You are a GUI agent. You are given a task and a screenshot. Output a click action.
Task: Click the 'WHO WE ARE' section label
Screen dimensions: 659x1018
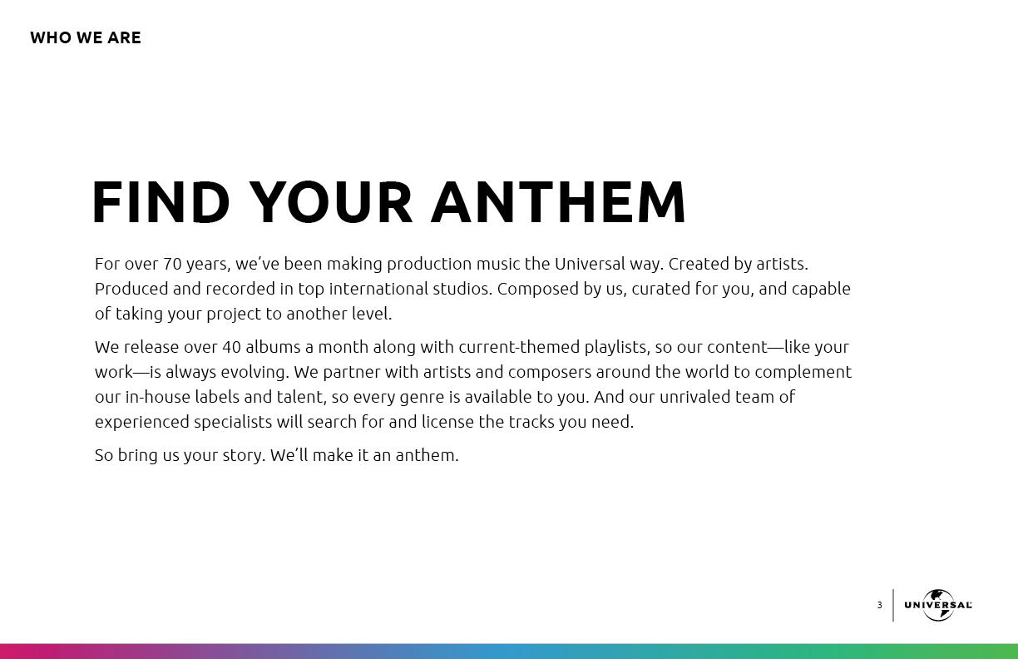coord(86,37)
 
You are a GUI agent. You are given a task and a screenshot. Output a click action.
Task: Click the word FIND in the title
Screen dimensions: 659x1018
coord(161,203)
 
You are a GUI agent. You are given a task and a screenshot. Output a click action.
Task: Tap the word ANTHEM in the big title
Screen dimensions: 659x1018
coord(558,203)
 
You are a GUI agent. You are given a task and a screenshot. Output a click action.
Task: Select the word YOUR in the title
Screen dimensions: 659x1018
coord(330,203)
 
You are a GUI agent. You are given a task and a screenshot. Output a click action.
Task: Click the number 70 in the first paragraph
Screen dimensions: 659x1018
coord(172,264)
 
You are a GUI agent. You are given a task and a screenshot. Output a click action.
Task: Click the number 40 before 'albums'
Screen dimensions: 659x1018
coord(231,347)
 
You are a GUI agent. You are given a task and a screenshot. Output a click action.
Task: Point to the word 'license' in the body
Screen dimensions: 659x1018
coord(447,422)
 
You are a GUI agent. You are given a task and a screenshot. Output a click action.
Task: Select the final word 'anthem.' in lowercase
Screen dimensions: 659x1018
coord(427,455)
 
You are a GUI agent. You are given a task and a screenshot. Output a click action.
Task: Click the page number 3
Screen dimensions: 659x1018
coord(879,605)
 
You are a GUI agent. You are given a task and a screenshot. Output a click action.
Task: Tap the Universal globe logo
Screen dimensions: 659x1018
coord(938,605)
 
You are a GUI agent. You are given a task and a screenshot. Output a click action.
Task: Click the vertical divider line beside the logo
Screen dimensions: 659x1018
coord(893,605)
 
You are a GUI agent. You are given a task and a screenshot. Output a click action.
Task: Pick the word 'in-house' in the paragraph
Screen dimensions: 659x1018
coord(158,397)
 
